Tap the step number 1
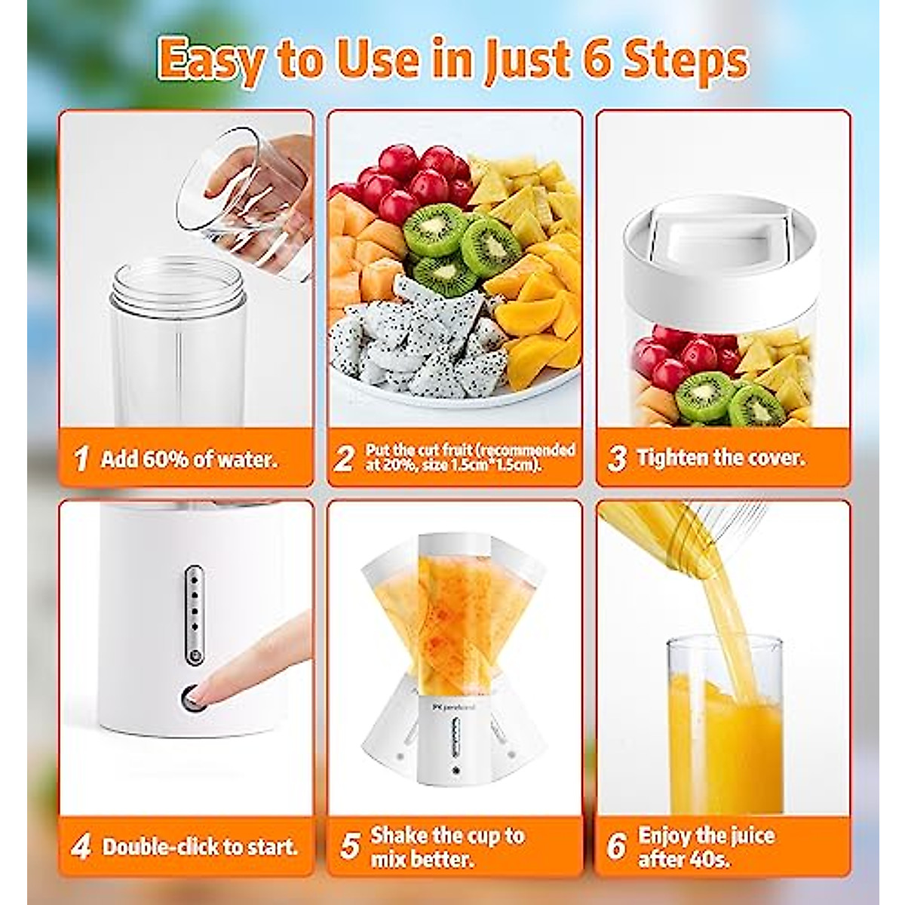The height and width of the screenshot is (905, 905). (x=81, y=458)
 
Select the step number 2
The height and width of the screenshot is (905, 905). (x=344, y=458)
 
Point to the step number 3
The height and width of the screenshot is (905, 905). (x=616, y=458)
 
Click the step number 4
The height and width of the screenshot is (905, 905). (x=81, y=846)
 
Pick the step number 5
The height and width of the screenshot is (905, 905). (x=349, y=846)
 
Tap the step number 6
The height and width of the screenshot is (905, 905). (x=616, y=846)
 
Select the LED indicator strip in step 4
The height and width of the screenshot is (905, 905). (x=193, y=608)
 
